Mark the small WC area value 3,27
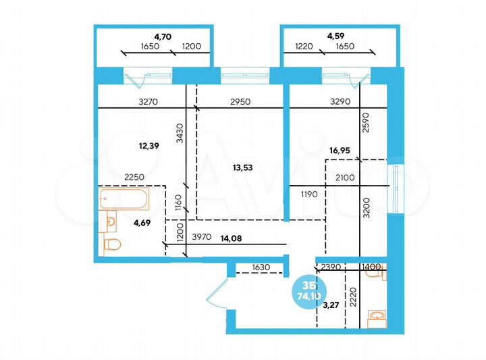[x=331, y=305]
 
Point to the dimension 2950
[x=240, y=102]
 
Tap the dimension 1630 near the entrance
[x=260, y=267]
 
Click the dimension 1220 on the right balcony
[x=305, y=47]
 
